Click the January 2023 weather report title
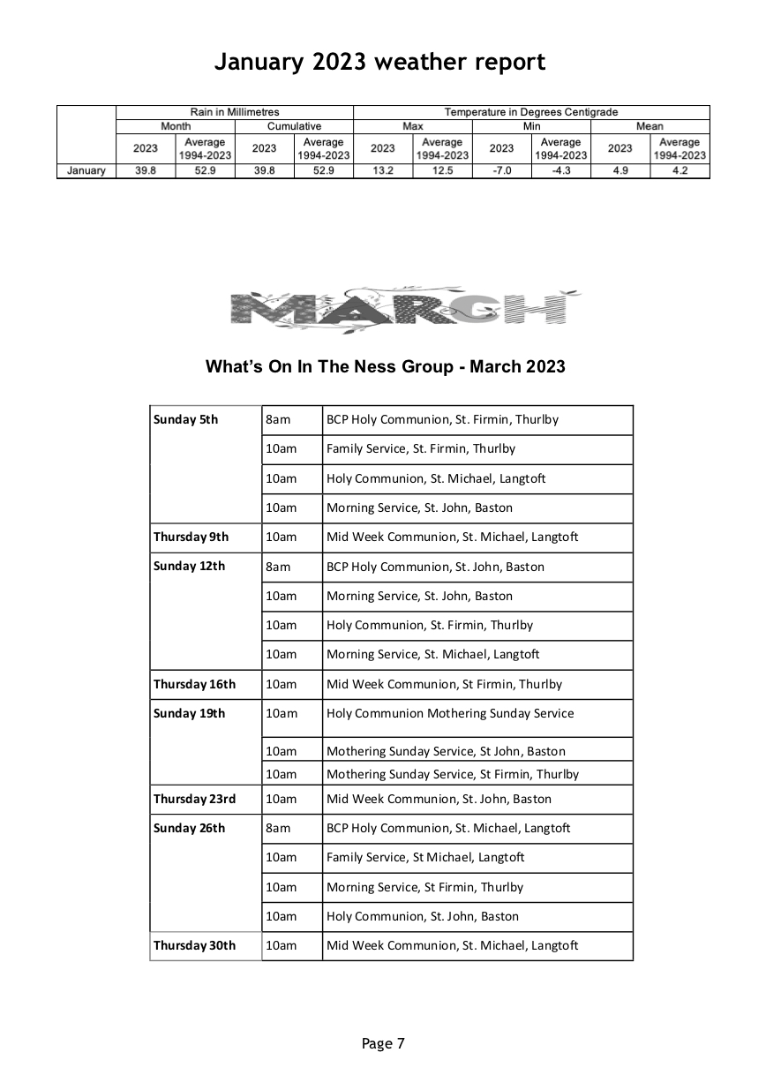(380, 62)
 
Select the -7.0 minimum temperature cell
(501, 171)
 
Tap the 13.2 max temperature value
(382, 171)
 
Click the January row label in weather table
(86, 171)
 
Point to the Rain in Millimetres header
(235, 112)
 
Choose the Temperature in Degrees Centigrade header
(531, 112)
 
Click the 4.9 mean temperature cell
(620, 171)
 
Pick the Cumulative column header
(294, 126)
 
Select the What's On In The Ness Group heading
(385, 366)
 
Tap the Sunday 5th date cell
(185, 419)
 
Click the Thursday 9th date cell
(191, 537)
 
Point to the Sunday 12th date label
(189, 566)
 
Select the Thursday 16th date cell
(194, 684)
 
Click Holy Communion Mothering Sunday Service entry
(450, 713)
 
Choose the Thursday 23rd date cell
(194, 799)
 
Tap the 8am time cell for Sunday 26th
(278, 828)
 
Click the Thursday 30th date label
(194, 945)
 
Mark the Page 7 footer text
(383, 1043)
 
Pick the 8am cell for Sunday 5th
(278, 419)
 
